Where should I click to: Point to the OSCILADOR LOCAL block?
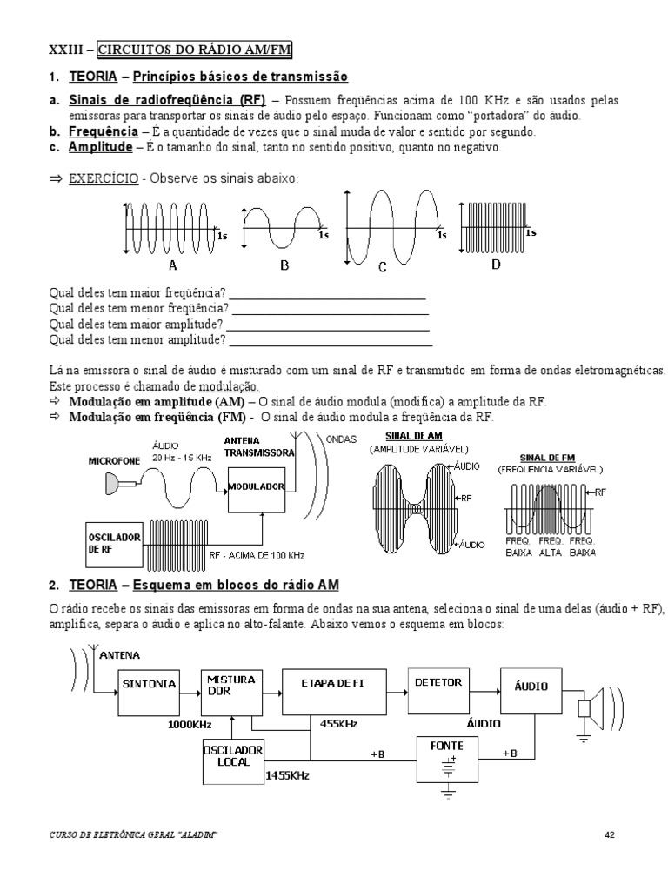[x=232, y=755]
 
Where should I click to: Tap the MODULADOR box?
[x=257, y=486]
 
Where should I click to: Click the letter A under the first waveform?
[x=172, y=265]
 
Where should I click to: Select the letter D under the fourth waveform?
[x=496, y=264]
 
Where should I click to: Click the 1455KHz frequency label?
[x=288, y=774]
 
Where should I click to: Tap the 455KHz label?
[x=338, y=723]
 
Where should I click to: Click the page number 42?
[x=610, y=835]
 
